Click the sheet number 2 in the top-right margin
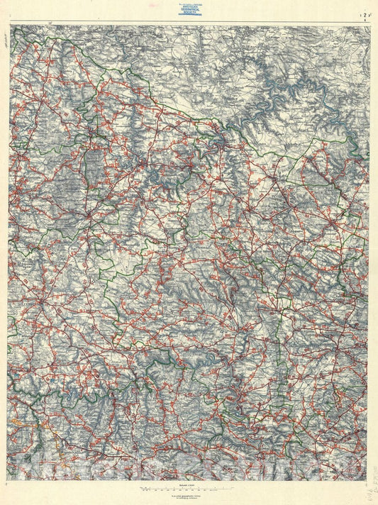pyautogui.click(x=365, y=13)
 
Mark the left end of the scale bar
pyautogui.click(x=143, y=490)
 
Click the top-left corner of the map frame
pyautogui.click(x=11, y=26)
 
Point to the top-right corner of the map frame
pyautogui.click(x=369, y=26)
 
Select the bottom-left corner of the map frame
pyautogui.click(x=11, y=480)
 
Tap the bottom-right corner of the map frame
pyautogui.click(x=369, y=480)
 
